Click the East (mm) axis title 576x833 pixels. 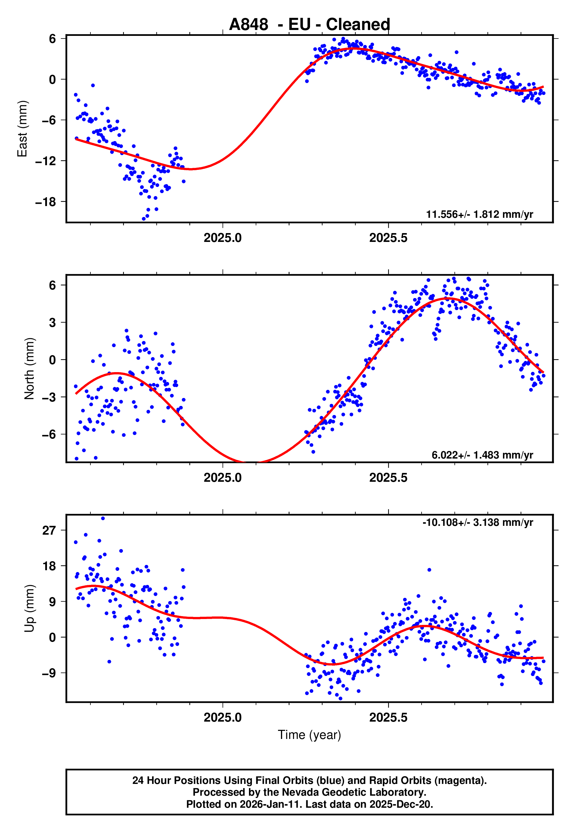pos(22,129)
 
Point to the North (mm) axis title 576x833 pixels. pos(29,369)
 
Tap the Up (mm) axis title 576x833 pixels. pos(29,608)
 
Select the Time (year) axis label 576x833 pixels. pos(309,735)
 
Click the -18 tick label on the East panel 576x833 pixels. pos(46,202)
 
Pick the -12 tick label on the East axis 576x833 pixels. pos(46,161)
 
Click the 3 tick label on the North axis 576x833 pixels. pos(52,322)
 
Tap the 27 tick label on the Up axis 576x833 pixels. pos(49,531)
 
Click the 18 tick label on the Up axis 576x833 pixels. pos(49,566)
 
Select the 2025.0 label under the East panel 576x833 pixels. pos(222,238)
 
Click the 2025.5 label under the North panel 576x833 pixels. pos(388,478)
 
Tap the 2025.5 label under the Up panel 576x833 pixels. pos(388,717)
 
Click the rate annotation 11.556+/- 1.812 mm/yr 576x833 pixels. pos(479,215)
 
